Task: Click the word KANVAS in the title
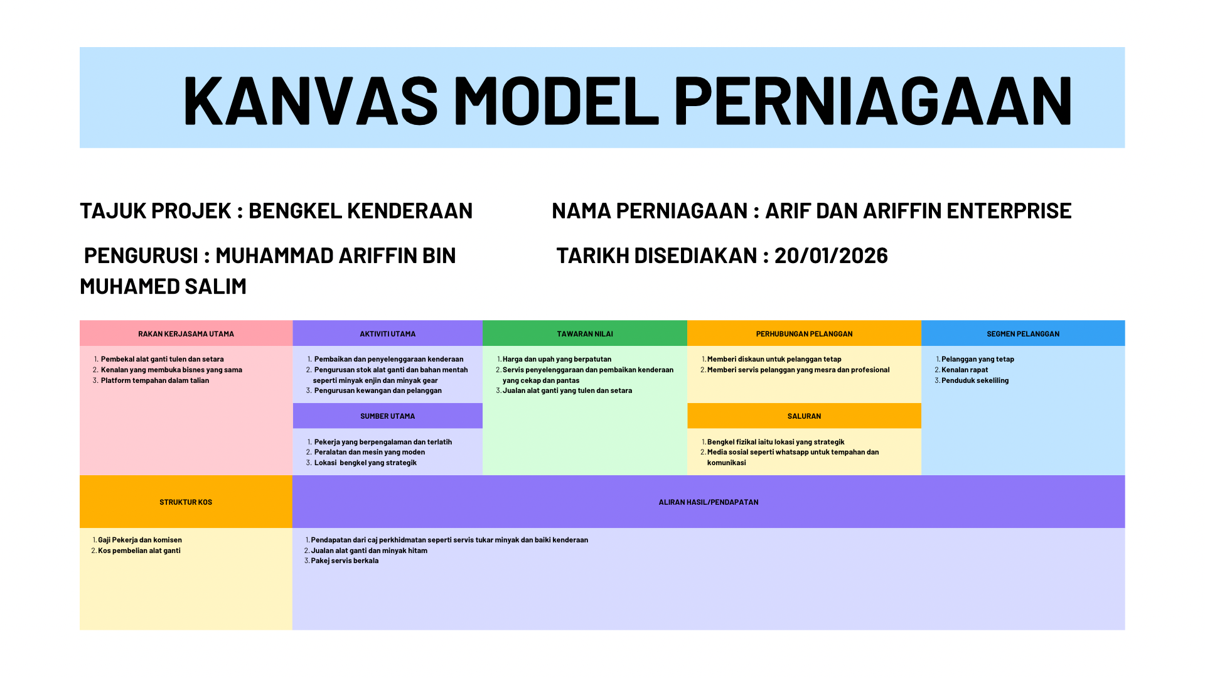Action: tap(311, 100)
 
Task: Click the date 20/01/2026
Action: tap(831, 256)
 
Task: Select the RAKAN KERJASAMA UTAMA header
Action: tap(186, 334)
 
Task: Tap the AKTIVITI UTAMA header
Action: tap(387, 334)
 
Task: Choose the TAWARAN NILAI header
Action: tap(585, 334)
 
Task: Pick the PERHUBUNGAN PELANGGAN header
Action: tap(804, 334)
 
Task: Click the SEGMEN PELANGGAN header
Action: tap(1023, 334)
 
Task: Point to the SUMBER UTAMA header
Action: tap(387, 416)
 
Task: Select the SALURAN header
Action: tap(804, 416)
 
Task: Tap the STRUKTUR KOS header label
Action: tap(186, 502)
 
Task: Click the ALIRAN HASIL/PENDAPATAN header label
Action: tap(709, 502)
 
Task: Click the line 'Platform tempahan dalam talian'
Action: tap(155, 380)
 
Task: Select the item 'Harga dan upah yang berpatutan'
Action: tap(557, 359)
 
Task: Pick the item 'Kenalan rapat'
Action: tap(965, 370)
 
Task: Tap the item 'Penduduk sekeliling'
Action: tap(975, 380)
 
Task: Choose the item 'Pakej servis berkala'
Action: tap(345, 561)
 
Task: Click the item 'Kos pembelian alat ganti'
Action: tap(139, 551)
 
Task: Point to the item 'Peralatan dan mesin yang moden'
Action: tap(370, 452)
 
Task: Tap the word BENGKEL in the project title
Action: tap(295, 211)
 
